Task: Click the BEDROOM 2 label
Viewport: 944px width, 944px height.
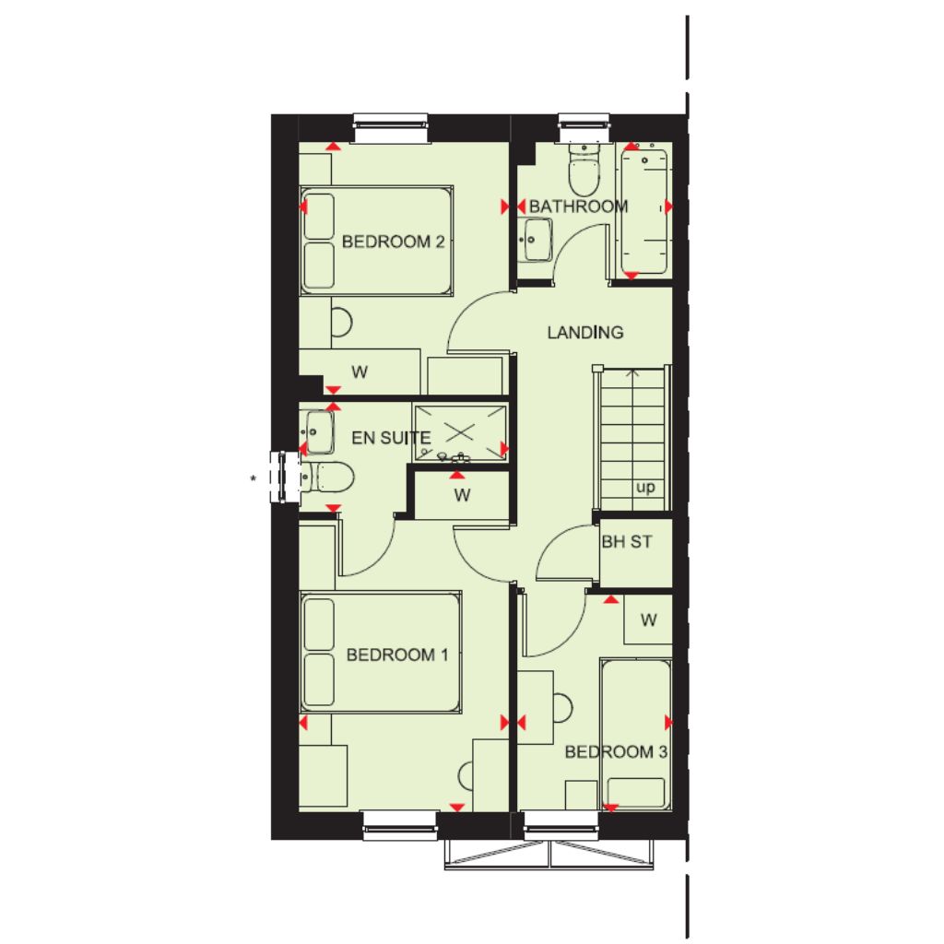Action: coord(393,242)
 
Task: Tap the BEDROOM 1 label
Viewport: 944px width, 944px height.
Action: coord(397,655)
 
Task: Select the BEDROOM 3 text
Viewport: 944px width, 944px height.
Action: coord(616,752)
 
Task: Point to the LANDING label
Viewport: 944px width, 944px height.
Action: coord(585,332)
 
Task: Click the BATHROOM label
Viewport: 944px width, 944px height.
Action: coord(579,206)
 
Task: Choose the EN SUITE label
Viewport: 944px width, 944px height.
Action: coord(391,438)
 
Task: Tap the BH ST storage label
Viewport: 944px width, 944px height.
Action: coord(627,542)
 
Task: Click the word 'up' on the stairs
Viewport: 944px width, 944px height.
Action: coord(645,487)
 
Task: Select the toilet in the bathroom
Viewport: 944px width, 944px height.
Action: coord(584,168)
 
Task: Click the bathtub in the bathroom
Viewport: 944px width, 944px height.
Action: coord(644,211)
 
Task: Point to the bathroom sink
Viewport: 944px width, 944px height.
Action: coord(536,240)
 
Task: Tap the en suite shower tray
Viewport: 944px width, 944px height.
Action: coord(461,432)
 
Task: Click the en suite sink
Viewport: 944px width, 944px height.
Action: coord(317,431)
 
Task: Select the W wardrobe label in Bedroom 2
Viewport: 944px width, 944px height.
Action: coord(360,372)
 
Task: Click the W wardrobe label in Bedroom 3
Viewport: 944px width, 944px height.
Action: coord(648,619)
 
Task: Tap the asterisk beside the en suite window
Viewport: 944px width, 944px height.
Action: coord(254,478)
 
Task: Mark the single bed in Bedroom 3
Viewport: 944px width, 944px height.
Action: coord(636,735)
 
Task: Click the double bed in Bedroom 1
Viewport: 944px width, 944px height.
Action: coord(381,652)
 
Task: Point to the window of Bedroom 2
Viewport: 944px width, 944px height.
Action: coord(391,127)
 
